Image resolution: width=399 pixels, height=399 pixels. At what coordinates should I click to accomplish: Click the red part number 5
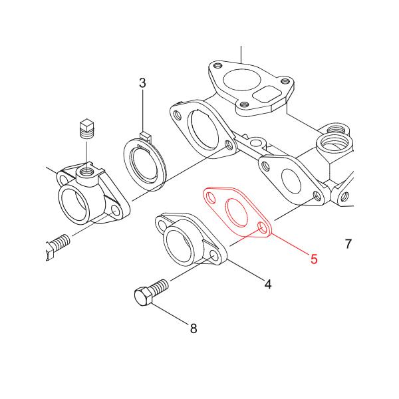pos(314,258)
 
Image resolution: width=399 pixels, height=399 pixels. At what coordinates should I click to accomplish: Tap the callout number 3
pos(142,83)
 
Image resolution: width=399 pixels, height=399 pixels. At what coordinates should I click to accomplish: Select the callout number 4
pos(268,284)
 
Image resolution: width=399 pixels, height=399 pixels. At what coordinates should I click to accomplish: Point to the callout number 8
pos(194,328)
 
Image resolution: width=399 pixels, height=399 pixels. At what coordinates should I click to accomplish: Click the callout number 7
pos(348,244)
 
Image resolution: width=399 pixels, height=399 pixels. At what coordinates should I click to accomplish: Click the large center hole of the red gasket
pos(237,212)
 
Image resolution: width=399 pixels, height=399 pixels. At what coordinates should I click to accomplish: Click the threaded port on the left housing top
pos(86,174)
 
